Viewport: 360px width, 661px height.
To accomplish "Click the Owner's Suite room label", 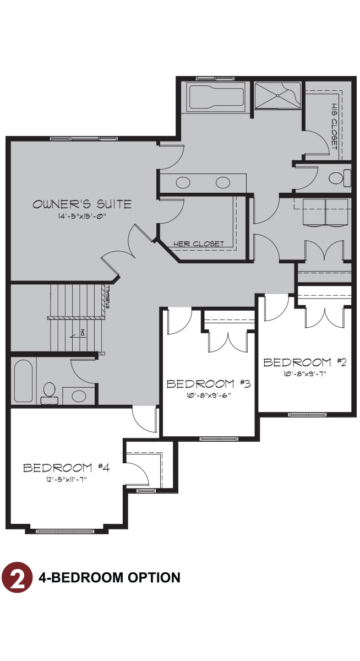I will pos(82,204).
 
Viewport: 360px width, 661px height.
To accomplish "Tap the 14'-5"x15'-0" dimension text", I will pos(82,216).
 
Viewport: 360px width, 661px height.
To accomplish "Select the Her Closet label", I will pos(199,243).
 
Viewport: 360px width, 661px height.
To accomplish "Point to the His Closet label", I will pos(334,126).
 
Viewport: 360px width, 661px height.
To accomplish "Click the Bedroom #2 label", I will pos(304,362).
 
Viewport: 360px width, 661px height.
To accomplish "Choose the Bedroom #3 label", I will pos(208,383).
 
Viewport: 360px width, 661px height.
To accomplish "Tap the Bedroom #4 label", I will pos(67,468).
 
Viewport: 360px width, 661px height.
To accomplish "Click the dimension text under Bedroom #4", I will pos(67,479).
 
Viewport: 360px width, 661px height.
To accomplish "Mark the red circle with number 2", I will pos(18,578).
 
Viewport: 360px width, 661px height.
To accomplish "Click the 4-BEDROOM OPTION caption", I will pos(110,578).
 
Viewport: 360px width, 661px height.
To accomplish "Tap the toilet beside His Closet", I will pos(339,178).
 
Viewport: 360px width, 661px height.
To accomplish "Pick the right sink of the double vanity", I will pos(223,182).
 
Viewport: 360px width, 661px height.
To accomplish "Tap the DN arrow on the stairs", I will pos(81,333).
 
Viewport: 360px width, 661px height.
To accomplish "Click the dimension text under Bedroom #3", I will pos(208,394).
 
